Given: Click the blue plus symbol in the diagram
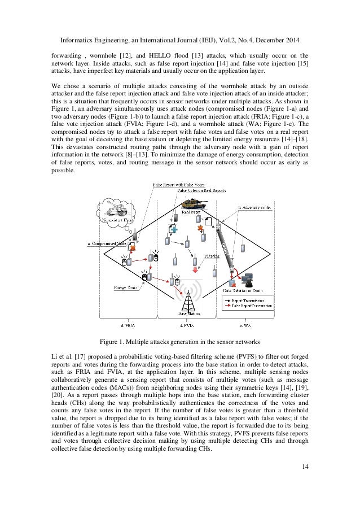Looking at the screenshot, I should pyautogui.click(x=175, y=230).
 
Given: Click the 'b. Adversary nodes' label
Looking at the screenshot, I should pyautogui.click(x=255, y=208).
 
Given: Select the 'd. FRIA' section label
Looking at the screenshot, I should pyautogui.click(x=129, y=326).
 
